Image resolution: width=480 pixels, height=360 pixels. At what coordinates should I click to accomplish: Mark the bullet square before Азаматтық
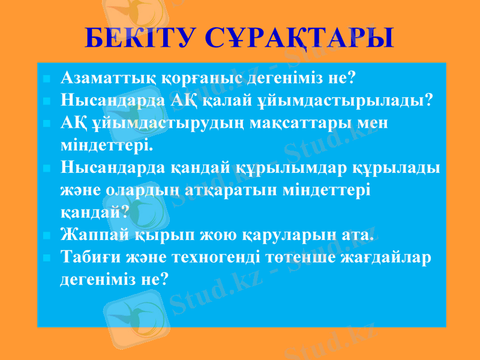coord(47,78)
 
